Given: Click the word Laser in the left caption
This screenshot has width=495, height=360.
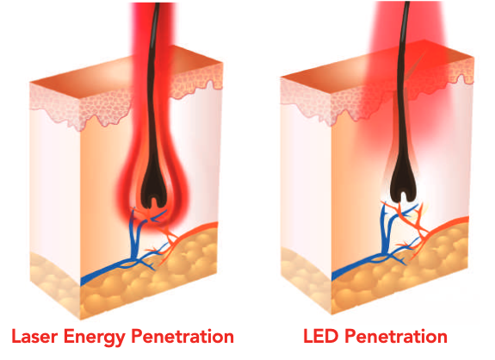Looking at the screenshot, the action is click(34, 336).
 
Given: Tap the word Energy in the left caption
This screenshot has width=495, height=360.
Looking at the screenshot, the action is click(94, 338).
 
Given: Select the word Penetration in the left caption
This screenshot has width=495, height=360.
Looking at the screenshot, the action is click(183, 336).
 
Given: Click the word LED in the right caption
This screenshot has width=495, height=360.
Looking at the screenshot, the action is click(320, 336).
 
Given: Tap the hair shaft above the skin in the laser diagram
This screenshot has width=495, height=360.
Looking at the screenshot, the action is click(154, 32).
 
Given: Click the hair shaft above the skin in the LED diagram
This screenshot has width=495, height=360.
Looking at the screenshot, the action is click(404, 32).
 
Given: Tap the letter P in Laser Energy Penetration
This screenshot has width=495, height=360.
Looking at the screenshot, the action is click(137, 336).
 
